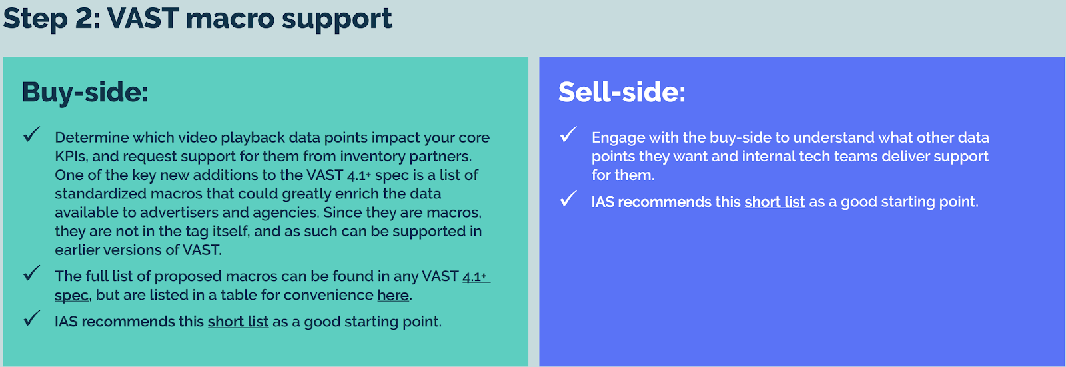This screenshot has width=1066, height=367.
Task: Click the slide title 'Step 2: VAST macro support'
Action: click(x=197, y=19)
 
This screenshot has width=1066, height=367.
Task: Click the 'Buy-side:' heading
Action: click(x=85, y=93)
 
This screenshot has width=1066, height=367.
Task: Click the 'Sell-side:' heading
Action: click(x=622, y=92)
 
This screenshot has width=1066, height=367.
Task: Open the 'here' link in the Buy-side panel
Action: click(x=393, y=295)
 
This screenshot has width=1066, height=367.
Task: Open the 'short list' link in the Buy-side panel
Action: click(x=238, y=322)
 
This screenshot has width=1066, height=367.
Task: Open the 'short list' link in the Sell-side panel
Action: click(x=775, y=202)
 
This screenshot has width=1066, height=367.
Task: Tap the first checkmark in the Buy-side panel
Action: click(x=31, y=134)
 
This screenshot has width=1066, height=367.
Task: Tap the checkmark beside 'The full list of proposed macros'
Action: click(x=31, y=273)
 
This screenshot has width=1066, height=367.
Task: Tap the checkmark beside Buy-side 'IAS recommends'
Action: click(x=31, y=318)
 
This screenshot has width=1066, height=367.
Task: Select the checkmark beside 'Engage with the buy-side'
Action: click(x=568, y=134)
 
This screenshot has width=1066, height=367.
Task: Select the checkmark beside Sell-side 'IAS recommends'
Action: click(x=568, y=198)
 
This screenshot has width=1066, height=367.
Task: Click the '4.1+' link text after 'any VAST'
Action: click(x=476, y=276)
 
